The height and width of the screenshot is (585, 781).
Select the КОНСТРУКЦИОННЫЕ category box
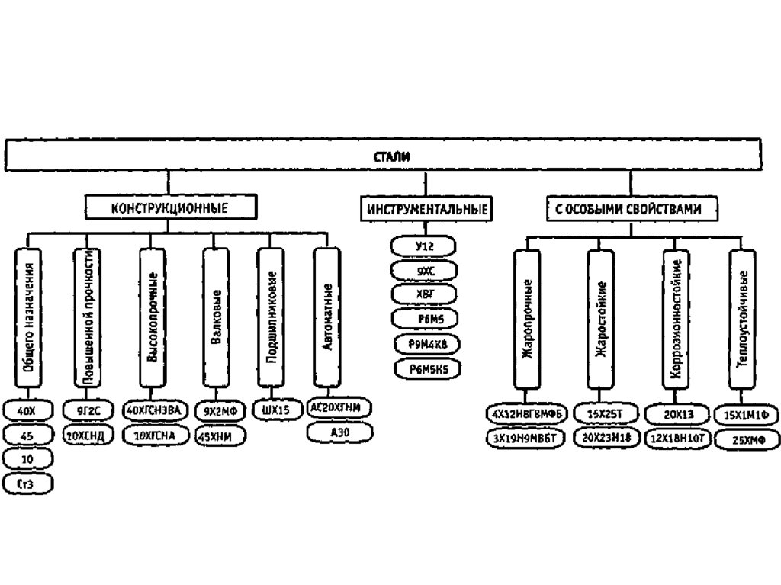pos(169,207)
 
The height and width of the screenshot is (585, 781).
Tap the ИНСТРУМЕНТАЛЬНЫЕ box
pos(426,209)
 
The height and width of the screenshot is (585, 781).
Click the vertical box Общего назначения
pos(27,318)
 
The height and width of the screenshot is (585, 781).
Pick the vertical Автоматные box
pos(328,318)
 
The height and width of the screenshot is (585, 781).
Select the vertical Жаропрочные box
pos(527,321)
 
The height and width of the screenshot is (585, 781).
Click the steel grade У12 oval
pos(424,246)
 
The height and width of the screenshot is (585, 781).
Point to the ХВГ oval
pos(425,294)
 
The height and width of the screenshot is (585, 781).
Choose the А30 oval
pos(339,432)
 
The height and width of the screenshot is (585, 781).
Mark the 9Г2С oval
pos(88,411)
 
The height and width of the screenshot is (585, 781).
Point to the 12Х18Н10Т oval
pos(676,439)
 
